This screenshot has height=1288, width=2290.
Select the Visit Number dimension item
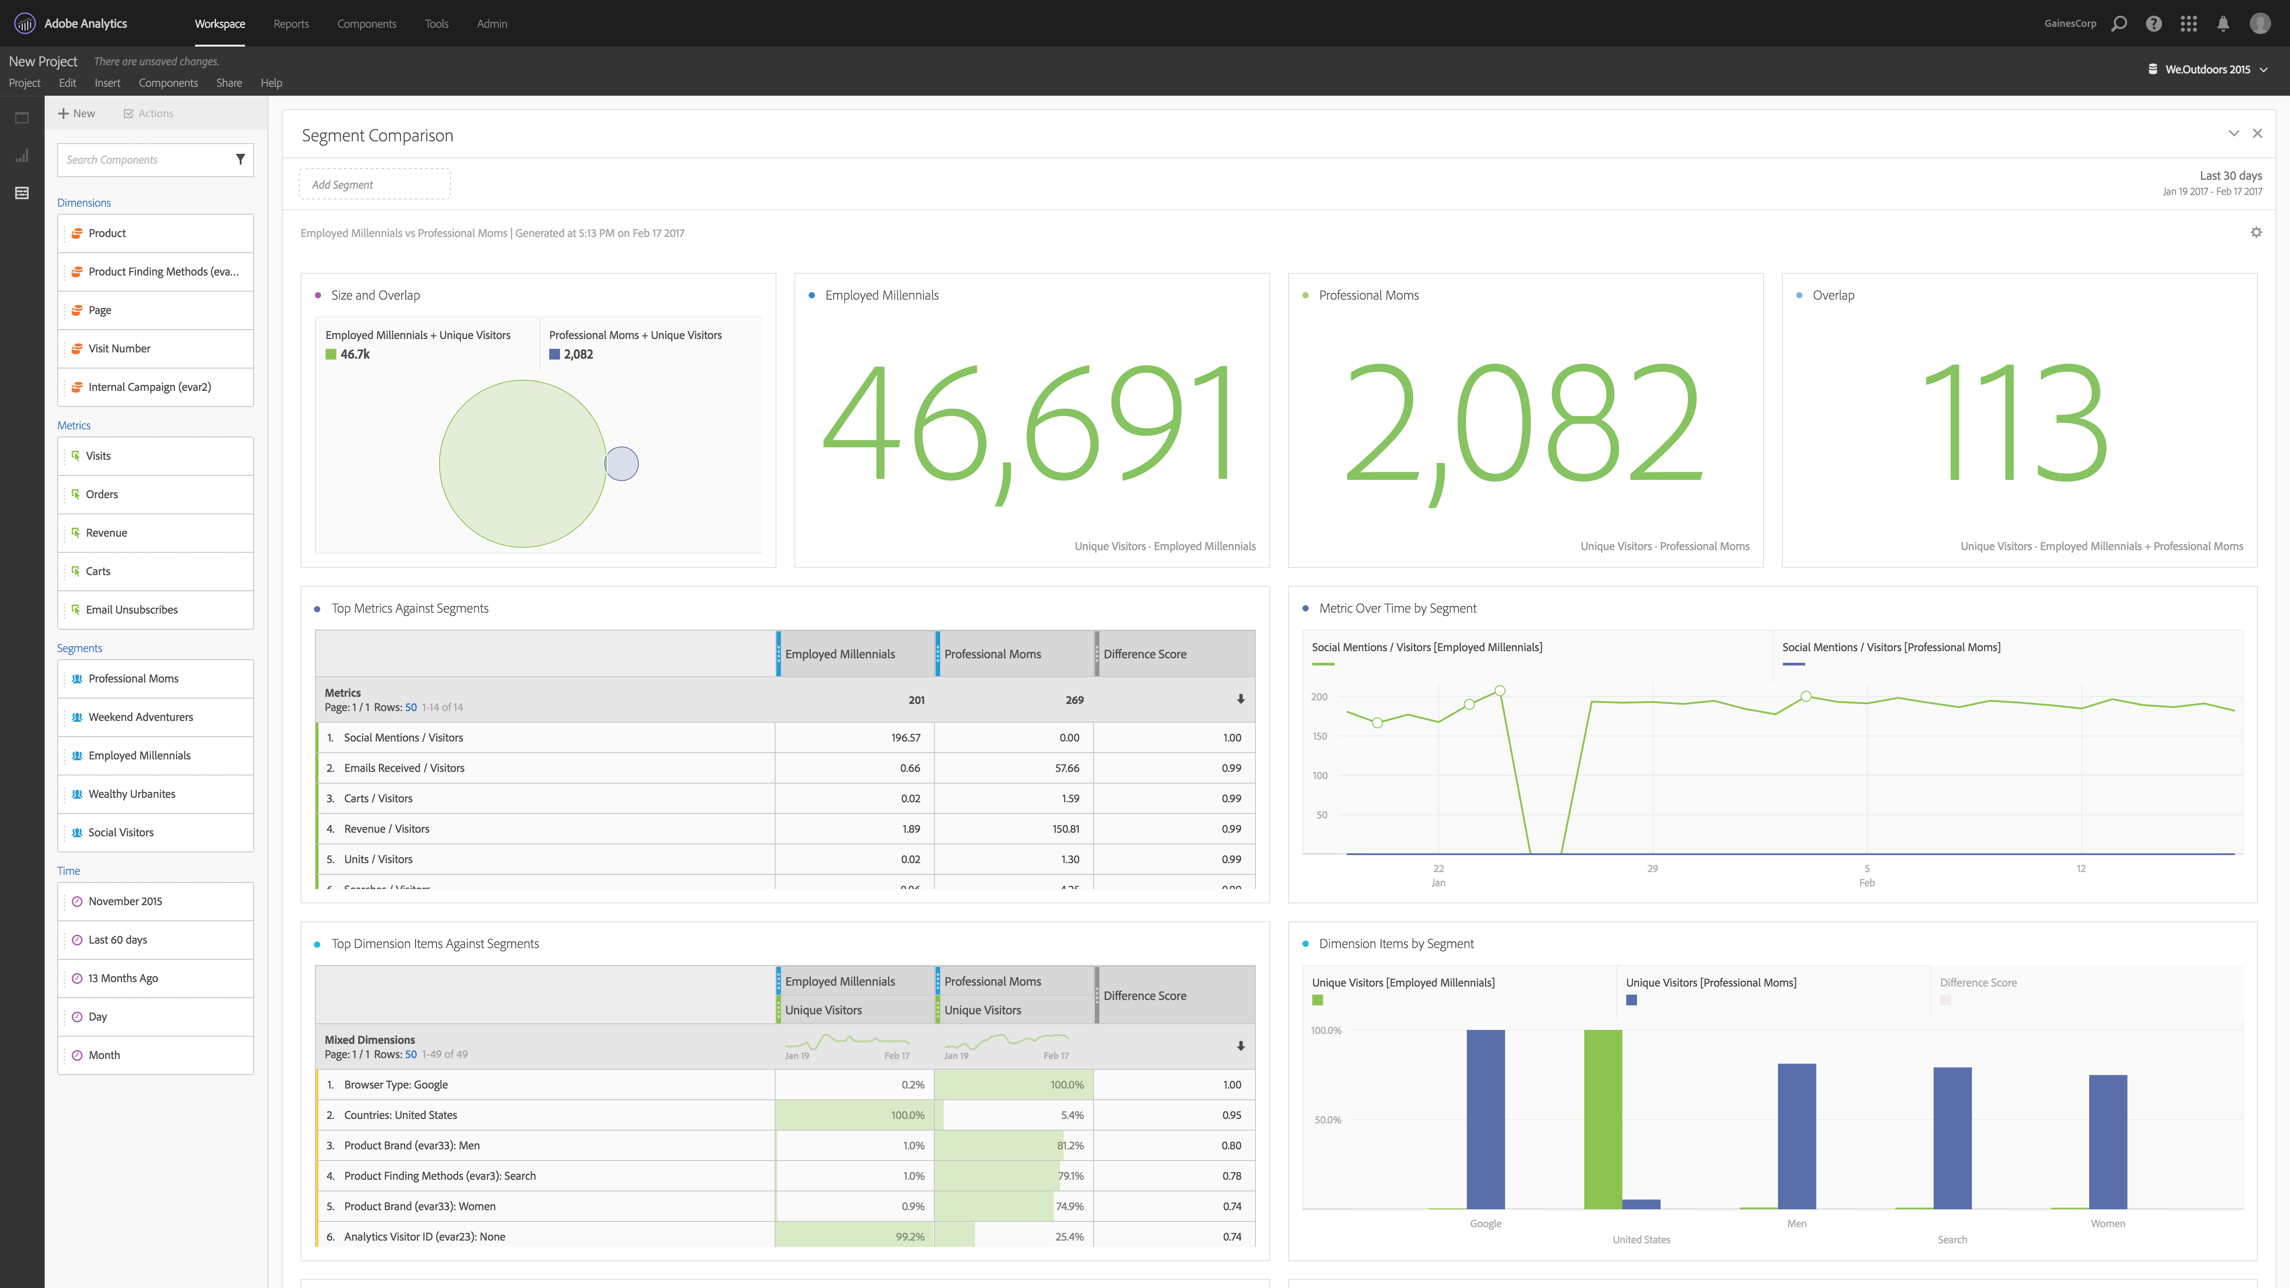coord(119,348)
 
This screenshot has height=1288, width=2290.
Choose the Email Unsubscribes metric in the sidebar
coord(131,610)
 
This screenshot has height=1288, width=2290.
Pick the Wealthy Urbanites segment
coord(131,794)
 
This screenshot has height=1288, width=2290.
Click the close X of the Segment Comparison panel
coord(2257,133)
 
